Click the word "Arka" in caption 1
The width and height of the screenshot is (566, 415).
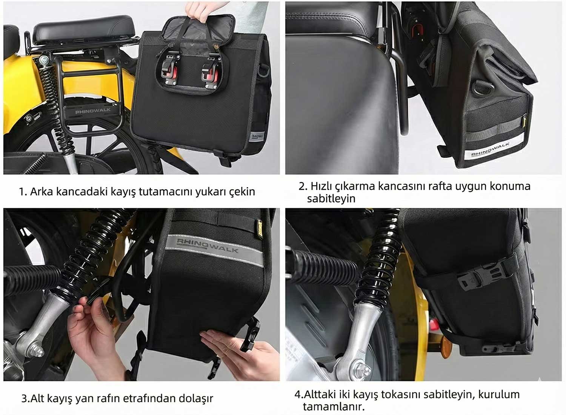point(42,192)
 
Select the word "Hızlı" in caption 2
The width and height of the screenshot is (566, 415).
point(321,186)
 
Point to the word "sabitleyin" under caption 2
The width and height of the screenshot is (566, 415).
point(331,199)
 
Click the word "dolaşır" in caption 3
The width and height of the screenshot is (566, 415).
point(196,398)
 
